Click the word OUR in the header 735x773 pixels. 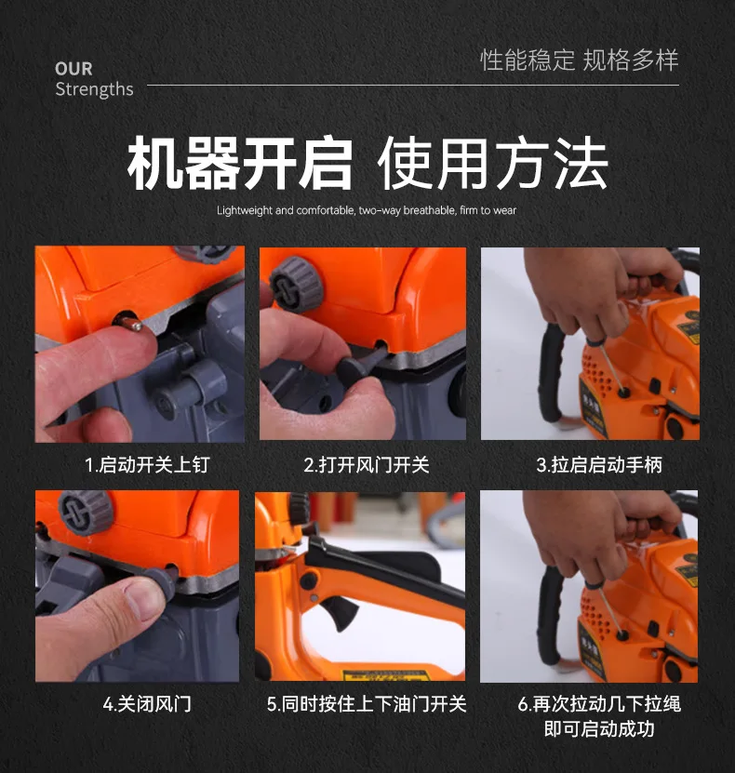[73, 69]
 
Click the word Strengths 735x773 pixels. [94, 89]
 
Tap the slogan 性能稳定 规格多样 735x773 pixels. [580, 60]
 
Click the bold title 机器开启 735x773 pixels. [240, 163]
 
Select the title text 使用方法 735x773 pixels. [492, 163]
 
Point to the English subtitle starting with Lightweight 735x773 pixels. [367, 210]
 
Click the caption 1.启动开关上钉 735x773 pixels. [147, 465]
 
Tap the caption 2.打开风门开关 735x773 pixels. [367, 465]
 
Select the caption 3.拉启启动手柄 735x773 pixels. [599, 465]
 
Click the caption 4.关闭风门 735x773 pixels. [147, 703]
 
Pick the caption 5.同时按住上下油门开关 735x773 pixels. [367, 703]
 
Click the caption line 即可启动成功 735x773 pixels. [599, 728]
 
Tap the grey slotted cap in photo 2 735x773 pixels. [295, 285]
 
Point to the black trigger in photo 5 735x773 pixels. [341, 612]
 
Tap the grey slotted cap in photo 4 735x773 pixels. [86, 513]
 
